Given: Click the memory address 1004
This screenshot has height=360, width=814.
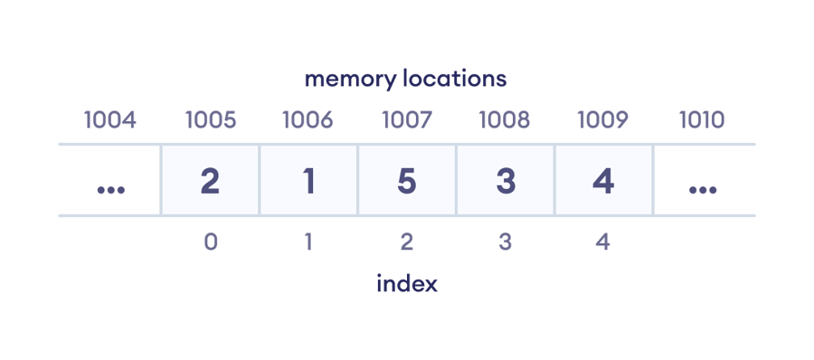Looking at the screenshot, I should [x=109, y=119].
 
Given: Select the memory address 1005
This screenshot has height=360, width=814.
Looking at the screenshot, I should [x=210, y=119].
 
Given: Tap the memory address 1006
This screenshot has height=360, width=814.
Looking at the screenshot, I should [x=308, y=119].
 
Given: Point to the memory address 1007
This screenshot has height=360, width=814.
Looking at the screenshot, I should [x=407, y=119].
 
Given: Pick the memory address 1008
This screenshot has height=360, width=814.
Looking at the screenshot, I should [x=506, y=119].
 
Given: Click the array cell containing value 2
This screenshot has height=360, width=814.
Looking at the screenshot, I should [x=210, y=181].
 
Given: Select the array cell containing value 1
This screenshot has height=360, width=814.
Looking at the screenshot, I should [x=308, y=181].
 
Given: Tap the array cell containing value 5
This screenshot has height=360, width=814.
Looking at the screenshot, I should [x=407, y=181].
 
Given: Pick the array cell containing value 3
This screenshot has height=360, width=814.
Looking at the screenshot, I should [x=506, y=181].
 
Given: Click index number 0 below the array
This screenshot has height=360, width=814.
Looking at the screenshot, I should [x=210, y=242].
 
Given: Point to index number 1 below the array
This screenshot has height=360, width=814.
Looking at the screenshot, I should [x=308, y=242].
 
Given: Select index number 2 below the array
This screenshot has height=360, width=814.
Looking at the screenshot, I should [x=407, y=242].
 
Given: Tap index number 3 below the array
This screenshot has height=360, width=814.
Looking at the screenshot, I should [x=506, y=242].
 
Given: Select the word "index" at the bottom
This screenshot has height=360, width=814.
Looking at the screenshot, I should [x=407, y=283].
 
